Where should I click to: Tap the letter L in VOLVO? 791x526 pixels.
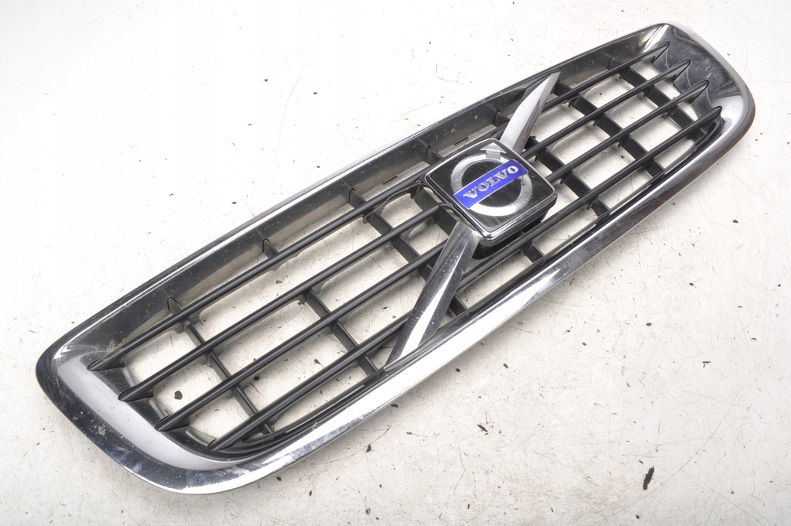(489, 183)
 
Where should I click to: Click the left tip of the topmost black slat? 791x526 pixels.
(91, 367)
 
